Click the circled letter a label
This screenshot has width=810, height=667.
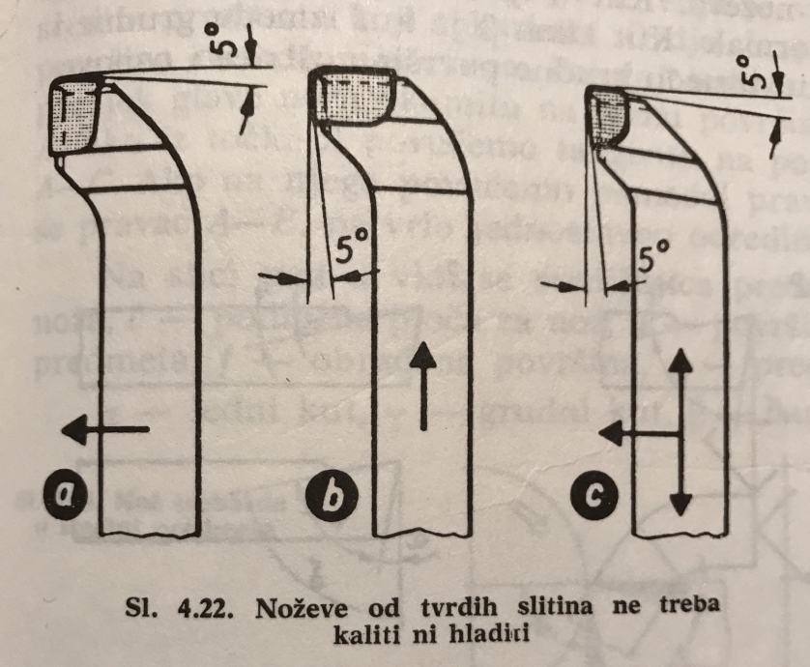tap(66, 496)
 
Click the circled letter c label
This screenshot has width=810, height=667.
tap(599, 497)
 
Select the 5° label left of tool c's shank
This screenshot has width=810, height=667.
tap(654, 258)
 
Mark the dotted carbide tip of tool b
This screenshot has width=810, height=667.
tap(358, 98)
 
